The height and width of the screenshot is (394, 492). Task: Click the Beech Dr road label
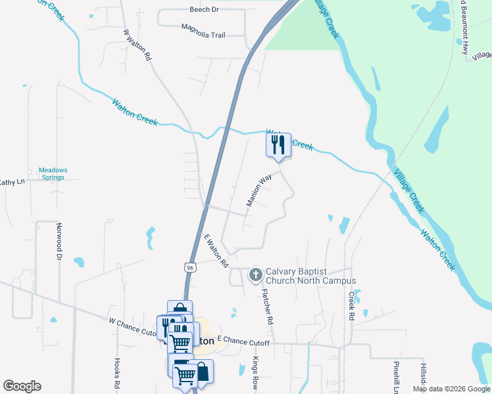pyautogui.click(x=204, y=10)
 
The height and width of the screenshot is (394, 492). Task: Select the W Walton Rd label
pyautogui.click(x=137, y=45)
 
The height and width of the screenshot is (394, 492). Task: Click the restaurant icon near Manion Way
pyautogui.click(x=278, y=144)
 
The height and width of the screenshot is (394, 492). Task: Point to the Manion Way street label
pyautogui.click(x=259, y=190)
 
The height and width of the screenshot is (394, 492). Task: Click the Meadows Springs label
pyautogui.click(x=53, y=174)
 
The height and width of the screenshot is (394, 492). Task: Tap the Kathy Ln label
pyautogui.click(x=11, y=182)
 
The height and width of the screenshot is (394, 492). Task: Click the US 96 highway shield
pyautogui.click(x=189, y=268)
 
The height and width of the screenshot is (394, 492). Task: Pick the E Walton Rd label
pyautogui.click(x=215, y=251)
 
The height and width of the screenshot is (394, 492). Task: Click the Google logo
pyautogui.click(x=22, y=386)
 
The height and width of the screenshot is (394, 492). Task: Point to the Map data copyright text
pyautogui.click(x=451, y=389)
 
